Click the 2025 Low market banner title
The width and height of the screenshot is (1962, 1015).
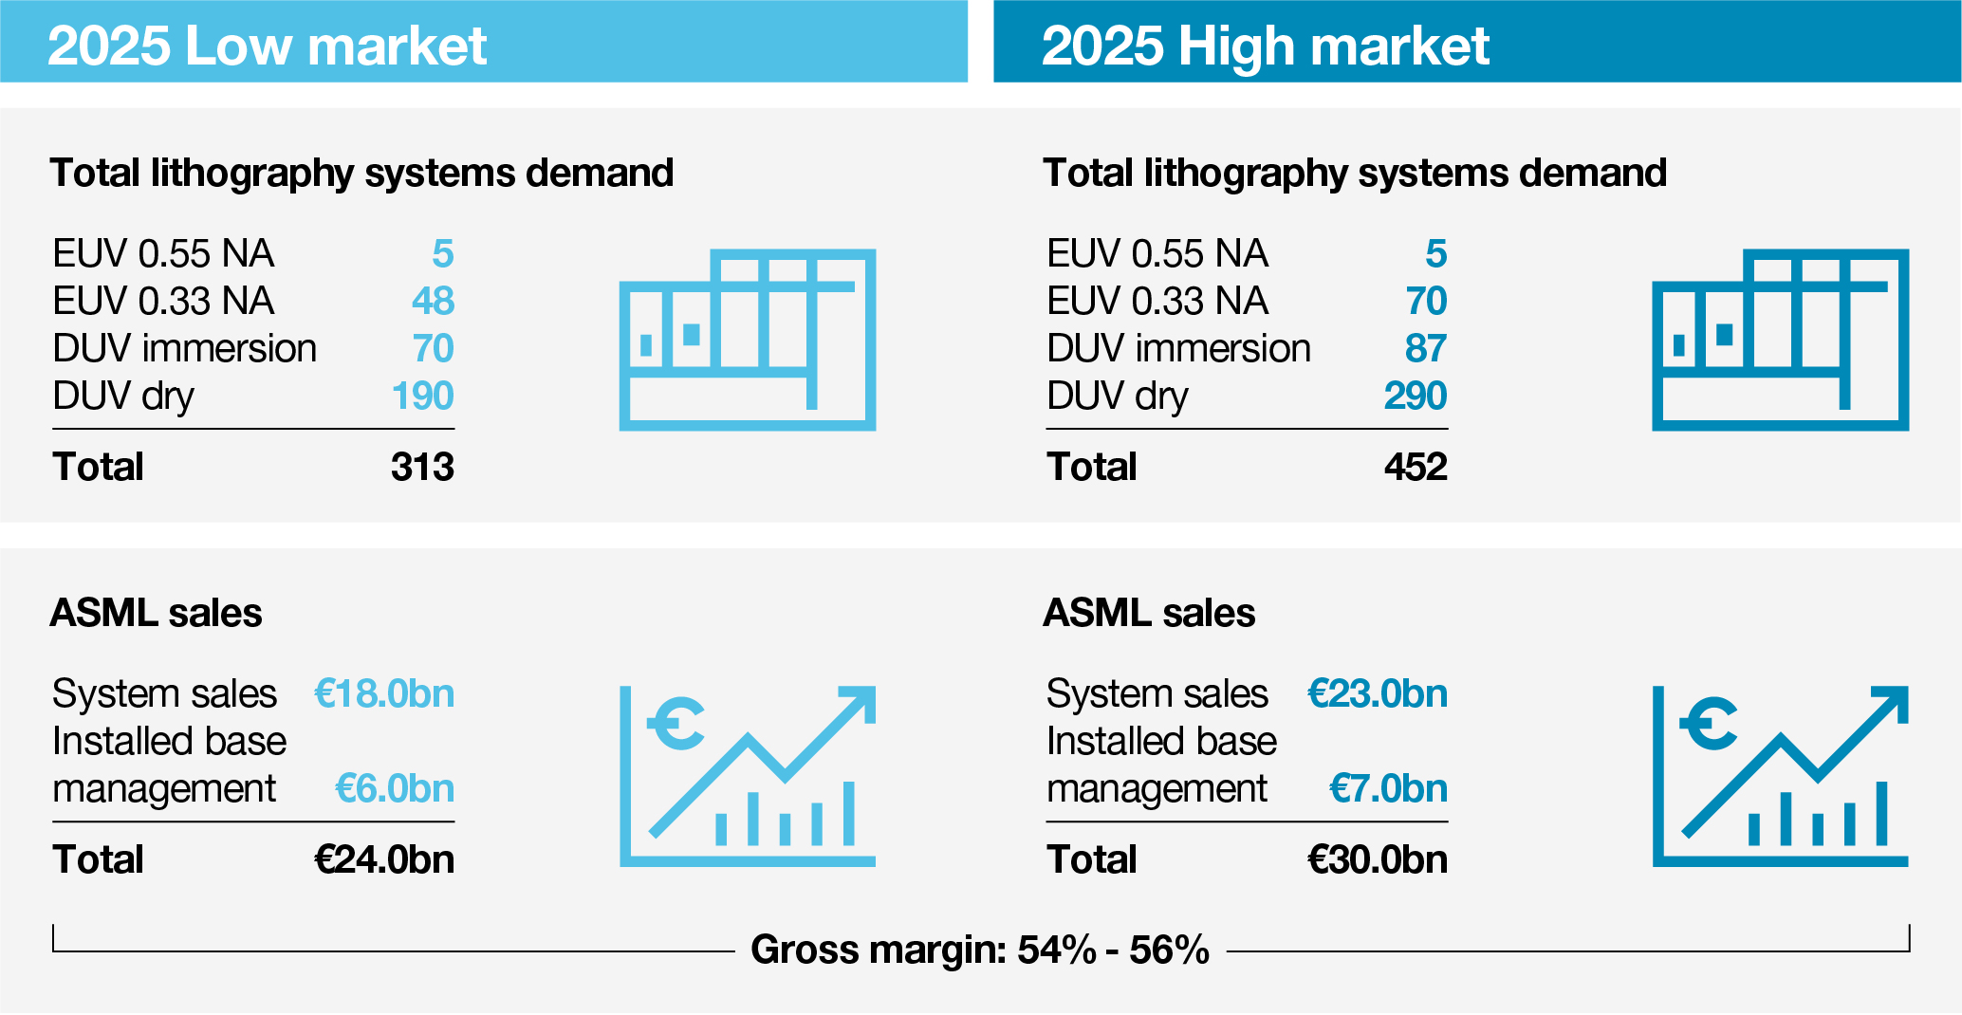(x=267, y=46)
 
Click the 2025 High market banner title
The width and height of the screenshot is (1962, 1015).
(x=1265, y=46)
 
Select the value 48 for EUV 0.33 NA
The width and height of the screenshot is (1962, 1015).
(x=433, y=302)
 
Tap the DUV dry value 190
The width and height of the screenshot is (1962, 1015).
(x=422, y=397)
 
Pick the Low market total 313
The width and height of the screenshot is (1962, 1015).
(x=422, y=468)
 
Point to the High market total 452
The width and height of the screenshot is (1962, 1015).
(x=1415, y=468)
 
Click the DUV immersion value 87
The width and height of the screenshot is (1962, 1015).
(x=1425, y=349)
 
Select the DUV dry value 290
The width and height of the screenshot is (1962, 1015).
(x=1415, y=397)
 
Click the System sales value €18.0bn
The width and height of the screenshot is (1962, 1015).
(x=384, y=694)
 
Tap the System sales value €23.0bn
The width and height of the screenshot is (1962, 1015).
(x=1378, y=694)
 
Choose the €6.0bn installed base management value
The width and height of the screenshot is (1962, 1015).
(x=395, y=789)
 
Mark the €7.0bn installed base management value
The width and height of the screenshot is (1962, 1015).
(x=1388, y=789)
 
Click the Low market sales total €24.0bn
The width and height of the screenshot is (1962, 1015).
(x=384, y=860)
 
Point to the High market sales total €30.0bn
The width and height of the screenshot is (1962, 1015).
(x=1378, y=860)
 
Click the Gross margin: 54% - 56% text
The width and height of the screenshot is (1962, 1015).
(x=979, y=950)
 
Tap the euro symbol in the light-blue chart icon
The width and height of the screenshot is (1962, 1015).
(x=677, y=724)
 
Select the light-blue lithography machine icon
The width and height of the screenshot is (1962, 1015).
(x=747, y=340)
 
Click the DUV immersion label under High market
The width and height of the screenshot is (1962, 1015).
(x=1178, y=349)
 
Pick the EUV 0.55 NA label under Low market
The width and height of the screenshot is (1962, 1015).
(x=163, y=254)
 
